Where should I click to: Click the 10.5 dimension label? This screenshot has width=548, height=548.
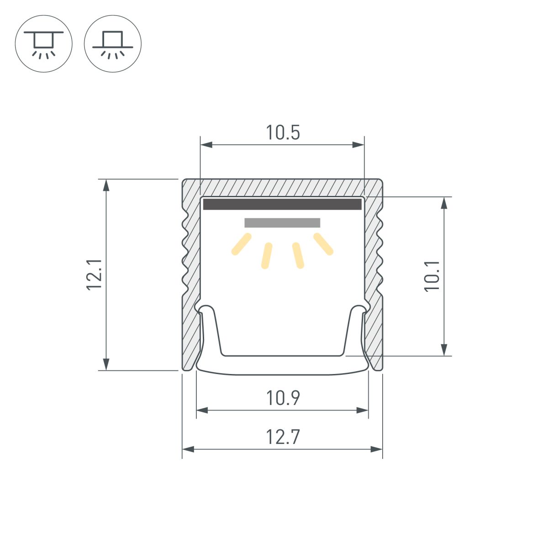click(x=283, y=132)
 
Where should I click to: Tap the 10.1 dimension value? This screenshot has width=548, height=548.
click(x=432, y=276)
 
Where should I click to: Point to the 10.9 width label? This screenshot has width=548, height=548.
click(x=283, y=398)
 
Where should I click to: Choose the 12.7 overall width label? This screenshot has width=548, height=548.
click(x=283, y=437)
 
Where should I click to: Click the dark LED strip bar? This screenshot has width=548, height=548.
click(x=282, y=204)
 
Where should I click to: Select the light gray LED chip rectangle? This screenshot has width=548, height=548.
click(x=282, y=223)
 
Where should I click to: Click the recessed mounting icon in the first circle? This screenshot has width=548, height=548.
click(x=43, y=43)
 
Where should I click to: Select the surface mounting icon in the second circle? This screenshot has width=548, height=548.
click(x=113, y=43)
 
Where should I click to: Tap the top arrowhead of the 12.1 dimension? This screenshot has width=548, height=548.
click(x=106, y=184)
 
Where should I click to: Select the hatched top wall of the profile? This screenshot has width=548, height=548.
click(x=282, y=187)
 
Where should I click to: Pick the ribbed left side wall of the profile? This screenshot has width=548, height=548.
click(x=191, y=274)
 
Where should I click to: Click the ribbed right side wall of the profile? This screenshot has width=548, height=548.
click(x=374, y=274)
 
